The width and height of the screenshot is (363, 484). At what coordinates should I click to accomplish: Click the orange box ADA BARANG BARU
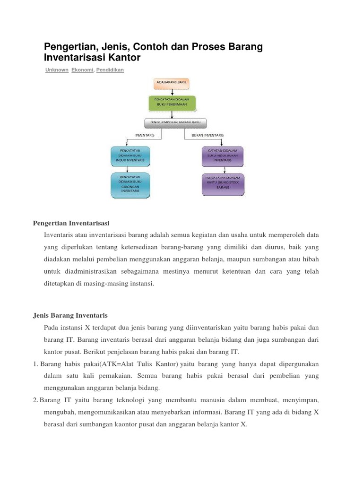(172, 82)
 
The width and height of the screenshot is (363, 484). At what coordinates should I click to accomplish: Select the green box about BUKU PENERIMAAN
(172, 102)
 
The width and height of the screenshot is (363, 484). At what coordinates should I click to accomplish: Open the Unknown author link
(57, 70)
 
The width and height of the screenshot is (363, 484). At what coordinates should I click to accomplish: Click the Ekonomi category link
(82, 70)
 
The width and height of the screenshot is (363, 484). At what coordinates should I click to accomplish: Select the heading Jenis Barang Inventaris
(70, 315)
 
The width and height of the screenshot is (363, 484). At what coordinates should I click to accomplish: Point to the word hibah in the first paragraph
(310, 259)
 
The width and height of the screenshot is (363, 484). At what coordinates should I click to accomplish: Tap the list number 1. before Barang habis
(35, 364)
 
